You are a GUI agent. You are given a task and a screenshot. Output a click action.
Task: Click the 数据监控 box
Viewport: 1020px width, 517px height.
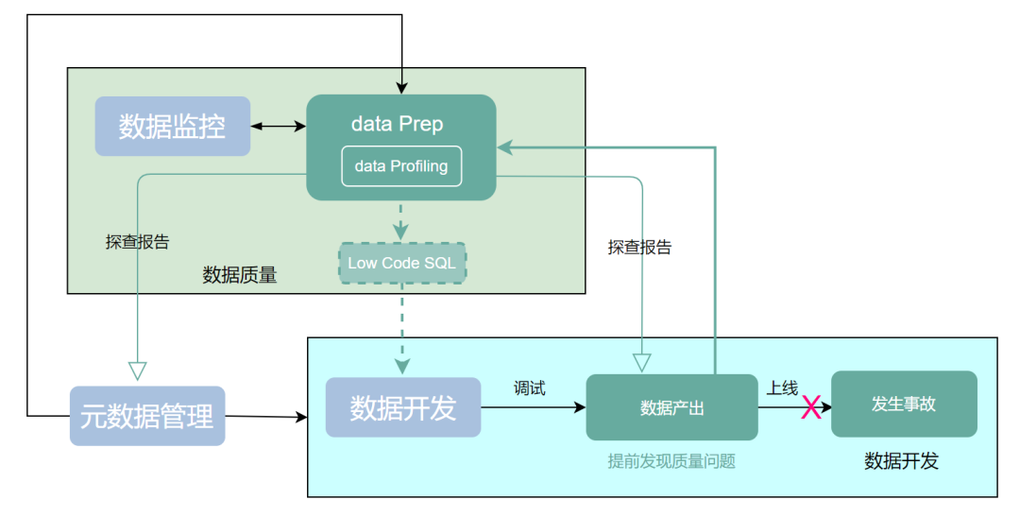click(x=173, y=126)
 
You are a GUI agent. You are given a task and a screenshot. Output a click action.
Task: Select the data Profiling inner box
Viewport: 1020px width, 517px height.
click(x=401, y=166)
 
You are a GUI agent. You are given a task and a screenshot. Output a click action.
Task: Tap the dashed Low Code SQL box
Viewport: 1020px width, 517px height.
click(x=402, y=263)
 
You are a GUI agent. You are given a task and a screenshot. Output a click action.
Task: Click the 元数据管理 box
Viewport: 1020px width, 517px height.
click(x=147, y=416)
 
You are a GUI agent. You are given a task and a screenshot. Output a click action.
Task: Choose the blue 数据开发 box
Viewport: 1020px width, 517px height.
click(x=403, y=407)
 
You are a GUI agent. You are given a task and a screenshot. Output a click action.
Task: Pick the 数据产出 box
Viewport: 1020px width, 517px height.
click(x=672, y=407)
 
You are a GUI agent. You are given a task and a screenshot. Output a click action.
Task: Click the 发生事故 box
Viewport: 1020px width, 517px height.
click(x=904, y=404)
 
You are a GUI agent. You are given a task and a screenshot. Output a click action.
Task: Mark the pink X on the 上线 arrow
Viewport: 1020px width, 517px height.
click(x=811, y=407)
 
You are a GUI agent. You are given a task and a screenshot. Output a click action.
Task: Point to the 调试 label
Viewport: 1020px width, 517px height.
click(x=530, y=388)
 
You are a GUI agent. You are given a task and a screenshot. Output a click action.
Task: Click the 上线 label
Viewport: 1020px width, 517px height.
click(x=782, y=388)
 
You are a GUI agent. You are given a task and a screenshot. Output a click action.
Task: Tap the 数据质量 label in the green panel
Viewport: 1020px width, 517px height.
click(x=239, y=275)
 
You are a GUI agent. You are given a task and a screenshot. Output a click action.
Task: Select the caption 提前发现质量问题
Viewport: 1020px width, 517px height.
click(x=671, y=461)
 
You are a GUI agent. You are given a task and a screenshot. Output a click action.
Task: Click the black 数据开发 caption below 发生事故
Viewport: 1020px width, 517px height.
click(x=901, y=461)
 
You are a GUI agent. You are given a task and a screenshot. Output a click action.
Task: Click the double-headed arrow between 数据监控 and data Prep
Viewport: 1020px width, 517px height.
click(x=279, y=126)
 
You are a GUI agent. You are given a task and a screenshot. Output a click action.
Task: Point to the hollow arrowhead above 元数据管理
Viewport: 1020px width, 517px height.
click(x=137, y=371)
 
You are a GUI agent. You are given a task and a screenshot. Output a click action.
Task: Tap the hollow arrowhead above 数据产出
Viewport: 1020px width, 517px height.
click(x=642, y=363)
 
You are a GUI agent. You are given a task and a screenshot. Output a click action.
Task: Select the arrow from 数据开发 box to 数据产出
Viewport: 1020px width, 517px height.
click(x=534, y=407)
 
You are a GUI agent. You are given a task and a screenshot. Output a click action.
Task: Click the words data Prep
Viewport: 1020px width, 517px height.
click(x=398, y=124)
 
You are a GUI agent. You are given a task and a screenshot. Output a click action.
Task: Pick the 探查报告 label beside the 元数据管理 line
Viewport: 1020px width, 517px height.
click(x=137, y=242)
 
